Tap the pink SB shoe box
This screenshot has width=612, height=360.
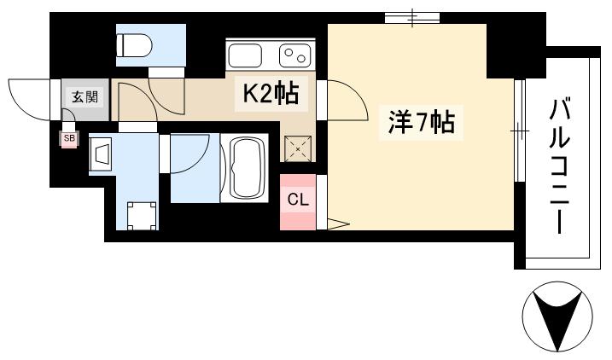[67, 136]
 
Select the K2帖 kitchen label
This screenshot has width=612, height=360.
[271, 94]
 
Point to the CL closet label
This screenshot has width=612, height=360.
[297, 201]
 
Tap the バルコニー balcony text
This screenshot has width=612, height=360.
[560, 166]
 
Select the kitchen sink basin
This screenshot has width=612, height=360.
[246, 56]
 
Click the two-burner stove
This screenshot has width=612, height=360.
[296, 56]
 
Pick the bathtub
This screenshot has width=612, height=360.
[247, 168]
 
